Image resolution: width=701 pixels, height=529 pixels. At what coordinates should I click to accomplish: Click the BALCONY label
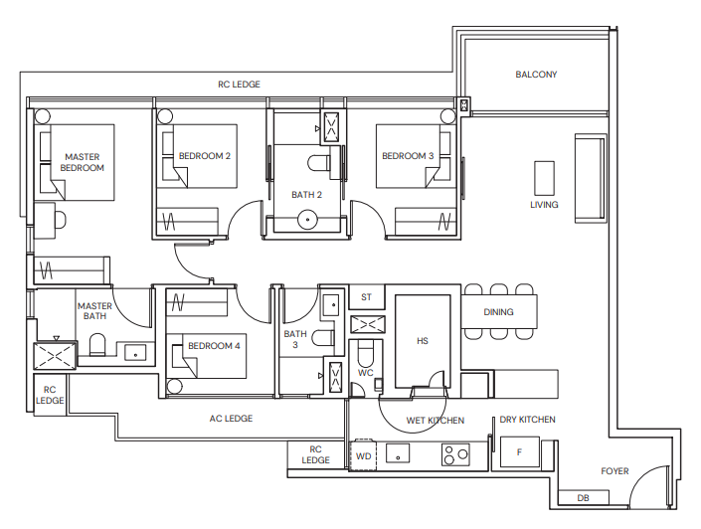(x=536, y=75)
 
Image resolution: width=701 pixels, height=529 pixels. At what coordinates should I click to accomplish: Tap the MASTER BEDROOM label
(x=83, y=162)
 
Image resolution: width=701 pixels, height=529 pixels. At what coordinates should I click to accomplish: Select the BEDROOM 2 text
(x=205, y=156)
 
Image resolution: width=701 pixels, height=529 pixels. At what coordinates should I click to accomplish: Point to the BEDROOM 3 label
(x=408, y=156)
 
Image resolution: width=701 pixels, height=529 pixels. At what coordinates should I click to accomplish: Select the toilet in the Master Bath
(x=97, y=345)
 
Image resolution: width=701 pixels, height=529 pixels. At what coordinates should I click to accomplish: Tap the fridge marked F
(x=519, y=452)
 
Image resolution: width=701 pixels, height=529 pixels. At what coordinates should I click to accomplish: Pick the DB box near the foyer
(x=582, y=497)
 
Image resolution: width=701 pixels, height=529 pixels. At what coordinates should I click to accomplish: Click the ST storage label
(x=366, y=297)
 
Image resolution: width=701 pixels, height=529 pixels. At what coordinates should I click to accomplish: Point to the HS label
(x=422, y=341)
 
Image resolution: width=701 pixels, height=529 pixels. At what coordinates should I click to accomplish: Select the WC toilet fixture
(x=365, y=354)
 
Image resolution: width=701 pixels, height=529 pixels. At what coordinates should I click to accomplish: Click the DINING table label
(x=499, y=312)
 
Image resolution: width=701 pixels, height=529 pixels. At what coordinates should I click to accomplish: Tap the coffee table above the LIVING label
(x=544, y=178)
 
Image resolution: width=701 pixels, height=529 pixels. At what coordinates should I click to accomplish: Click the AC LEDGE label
(x=231, y=419)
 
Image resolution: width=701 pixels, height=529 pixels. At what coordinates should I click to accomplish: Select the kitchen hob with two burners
(x=455, y=454)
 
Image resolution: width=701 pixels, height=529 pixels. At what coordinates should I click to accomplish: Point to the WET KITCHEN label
(x=435, y=421)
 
